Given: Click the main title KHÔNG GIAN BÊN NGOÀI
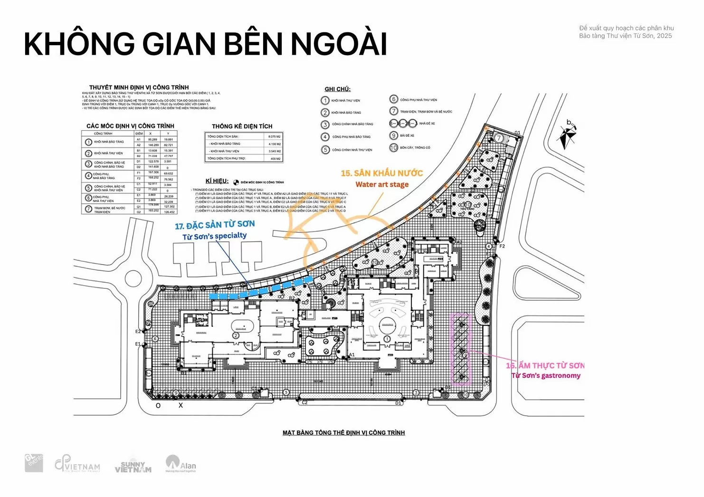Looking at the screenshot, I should click(205, 44).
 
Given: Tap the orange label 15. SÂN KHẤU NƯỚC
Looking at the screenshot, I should click(381, 173).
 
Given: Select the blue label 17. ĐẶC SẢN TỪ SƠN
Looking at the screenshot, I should click(215, 225).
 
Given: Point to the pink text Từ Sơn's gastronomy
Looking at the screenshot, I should click(546, 376).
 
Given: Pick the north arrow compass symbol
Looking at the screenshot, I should click(568, 135).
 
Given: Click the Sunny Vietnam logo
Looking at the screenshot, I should click(133, 467).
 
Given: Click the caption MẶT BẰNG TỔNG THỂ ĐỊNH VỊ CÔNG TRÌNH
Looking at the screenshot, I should click(343, 433).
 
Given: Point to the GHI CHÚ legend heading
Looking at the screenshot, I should click(337, 89).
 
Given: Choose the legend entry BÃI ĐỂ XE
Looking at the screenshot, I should click(407, 136).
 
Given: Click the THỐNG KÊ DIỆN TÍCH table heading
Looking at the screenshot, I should click(242, 126).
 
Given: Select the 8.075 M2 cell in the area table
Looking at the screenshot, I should click(274, 137).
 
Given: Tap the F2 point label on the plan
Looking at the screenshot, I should click(502, 246).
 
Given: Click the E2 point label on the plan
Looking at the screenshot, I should click(138, 332).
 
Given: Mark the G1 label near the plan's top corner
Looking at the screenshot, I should click(517, 133).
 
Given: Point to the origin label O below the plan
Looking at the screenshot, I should click(158, 406).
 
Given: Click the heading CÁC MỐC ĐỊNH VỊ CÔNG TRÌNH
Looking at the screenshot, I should click(130, 126).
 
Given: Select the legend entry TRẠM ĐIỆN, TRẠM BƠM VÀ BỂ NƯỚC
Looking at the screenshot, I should click(426, 112).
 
